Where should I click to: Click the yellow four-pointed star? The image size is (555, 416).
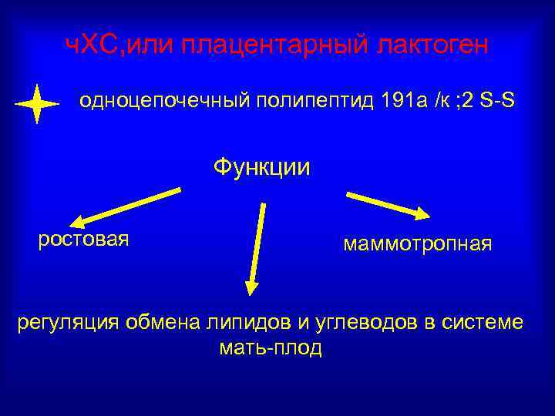point(36,103)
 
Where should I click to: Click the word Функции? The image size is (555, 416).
point(261,166)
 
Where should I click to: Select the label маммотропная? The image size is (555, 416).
point(417,244)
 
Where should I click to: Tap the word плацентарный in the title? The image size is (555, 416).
point(276,45)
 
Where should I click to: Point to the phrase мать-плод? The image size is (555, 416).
point(271,347)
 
